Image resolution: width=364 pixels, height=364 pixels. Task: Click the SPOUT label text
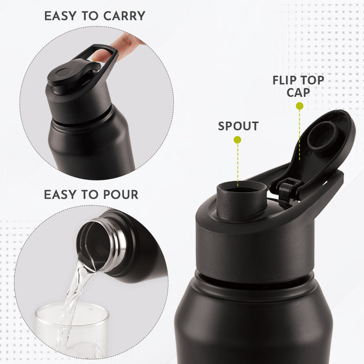[238, 126]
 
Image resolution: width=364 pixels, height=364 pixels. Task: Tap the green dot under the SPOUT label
[238, 139]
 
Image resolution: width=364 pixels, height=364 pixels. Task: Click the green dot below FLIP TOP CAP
[300, 106]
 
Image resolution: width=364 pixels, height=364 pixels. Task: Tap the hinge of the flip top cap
[289, 187]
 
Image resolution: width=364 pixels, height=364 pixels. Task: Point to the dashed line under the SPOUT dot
[238, 161]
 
